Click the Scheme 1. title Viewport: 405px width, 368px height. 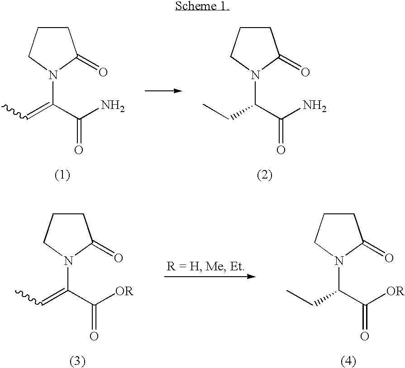point(203,6)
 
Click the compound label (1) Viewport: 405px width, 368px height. point(62,175)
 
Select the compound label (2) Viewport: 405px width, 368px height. point(264,175)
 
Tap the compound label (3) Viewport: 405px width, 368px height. point(77,362)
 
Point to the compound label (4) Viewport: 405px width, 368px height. point(348,362)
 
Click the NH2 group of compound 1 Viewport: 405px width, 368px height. point(113,106)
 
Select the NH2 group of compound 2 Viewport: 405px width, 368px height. point(314,106)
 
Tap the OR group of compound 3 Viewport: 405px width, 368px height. point(124,291)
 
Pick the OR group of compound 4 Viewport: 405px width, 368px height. point(395,291)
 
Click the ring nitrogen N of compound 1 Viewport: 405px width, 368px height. point(53,75)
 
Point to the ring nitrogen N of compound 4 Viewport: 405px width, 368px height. point(339,261)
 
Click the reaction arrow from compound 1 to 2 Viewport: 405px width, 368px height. point(163,91)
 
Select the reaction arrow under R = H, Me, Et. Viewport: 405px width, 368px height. point(210,277)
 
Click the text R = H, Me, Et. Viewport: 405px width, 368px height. point(205,267)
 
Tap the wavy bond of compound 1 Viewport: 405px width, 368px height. point(14,112)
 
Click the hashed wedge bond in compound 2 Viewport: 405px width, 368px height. point(242,112)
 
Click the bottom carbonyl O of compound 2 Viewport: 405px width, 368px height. point(281,150)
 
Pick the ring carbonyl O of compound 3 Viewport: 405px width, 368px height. point(118,258)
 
